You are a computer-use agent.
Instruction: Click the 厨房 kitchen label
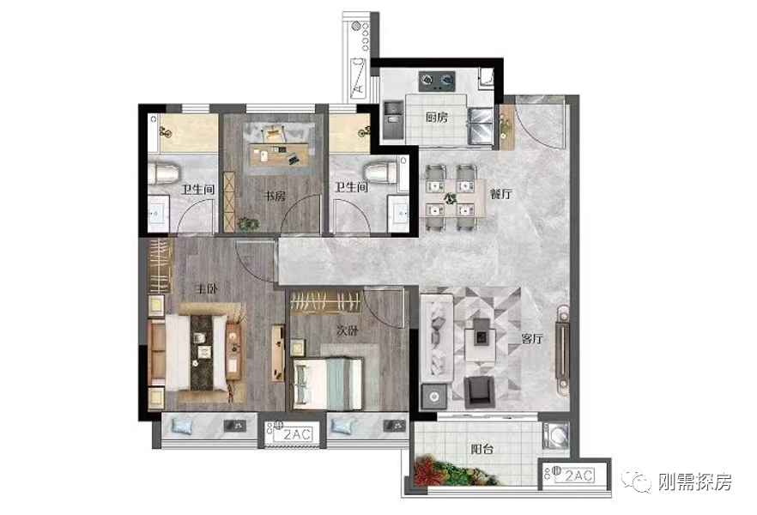click(436, 117)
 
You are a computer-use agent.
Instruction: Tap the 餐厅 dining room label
click(500, 194)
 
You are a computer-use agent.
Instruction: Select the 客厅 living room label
click(532, 338)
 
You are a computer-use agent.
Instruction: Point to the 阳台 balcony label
click(481, 450)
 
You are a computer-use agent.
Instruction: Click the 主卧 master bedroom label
click(207, 289)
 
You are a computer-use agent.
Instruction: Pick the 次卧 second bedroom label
click(348, 331)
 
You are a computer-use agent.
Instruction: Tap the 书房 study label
click(275, 196)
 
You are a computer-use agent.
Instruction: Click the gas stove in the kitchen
click(437, 82)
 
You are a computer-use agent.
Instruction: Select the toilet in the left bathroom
click(163, 173)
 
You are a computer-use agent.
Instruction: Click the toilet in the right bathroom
click(380, 173)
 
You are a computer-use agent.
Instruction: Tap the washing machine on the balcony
click(555, 435)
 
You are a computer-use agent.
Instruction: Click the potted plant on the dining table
click(451, 197)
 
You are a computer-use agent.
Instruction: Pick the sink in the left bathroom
click(158, 213)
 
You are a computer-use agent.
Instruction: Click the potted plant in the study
click(248, 223)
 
